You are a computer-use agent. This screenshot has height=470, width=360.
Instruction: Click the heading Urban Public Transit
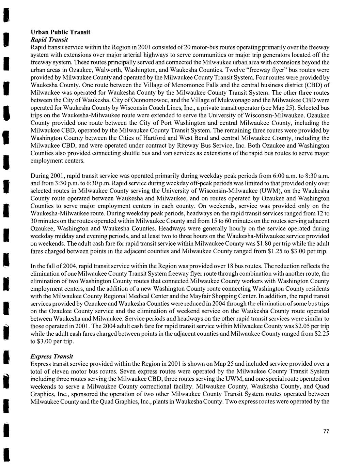point(60,32)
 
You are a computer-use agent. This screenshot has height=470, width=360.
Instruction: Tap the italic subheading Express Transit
point(52,357)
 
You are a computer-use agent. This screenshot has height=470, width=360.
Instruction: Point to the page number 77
point(326,432)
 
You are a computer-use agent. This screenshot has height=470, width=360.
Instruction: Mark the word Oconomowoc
point(142,100)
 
